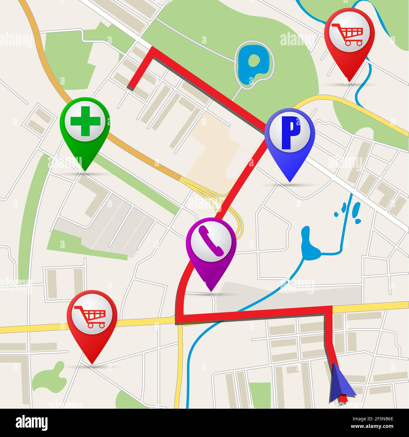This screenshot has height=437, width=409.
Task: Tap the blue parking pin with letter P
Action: (x=289, y=135)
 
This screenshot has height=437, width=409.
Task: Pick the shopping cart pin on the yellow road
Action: (x=92, y=318)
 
